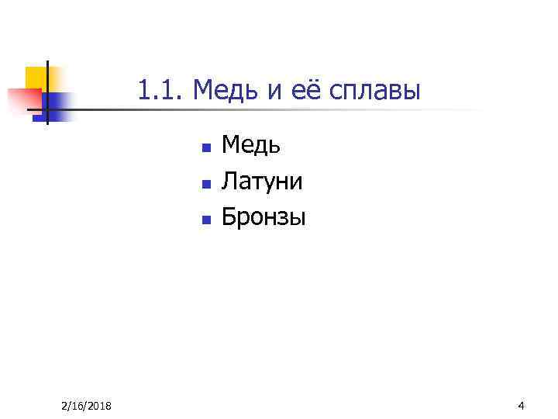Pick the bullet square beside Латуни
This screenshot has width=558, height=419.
[205, 184]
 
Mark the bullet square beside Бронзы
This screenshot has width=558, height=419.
[205, 220]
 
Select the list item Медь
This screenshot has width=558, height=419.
[251, 144]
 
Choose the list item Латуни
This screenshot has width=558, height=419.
[262, 181]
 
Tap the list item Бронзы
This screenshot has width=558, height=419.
[263, 217]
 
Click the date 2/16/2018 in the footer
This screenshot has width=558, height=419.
[86, 407]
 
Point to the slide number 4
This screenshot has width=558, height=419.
[521, 406]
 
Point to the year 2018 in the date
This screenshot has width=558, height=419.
[98, 407]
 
